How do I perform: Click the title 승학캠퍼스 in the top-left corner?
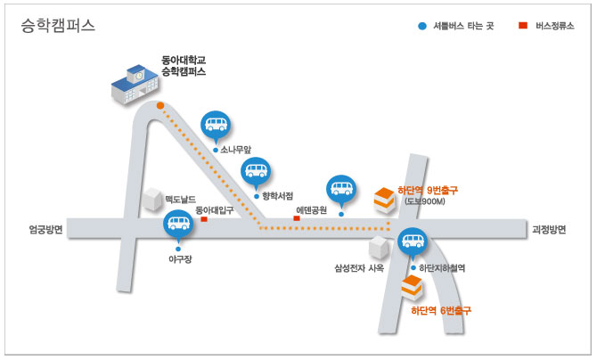click(x=58, y=26)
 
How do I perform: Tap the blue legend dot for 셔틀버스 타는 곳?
click(x=422, y=26)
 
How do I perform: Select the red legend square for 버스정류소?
click(x=523, y=25)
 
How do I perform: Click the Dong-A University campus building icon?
click(x=135, y=84)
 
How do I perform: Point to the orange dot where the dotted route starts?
click(x=160, y=105)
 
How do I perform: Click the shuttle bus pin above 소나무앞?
click(x=216, y=127)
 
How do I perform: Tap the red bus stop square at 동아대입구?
click(x=204, y=219)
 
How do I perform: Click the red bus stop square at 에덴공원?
click(x=297, y=218)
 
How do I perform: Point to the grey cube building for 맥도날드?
click(x=152, y=199)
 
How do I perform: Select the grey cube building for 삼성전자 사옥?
click(x=379, y=247)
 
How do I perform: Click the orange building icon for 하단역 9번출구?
click(x=384, y=200)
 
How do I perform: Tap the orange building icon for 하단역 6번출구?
click(x=412, y=288)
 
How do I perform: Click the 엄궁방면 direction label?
click(x=46, y=230)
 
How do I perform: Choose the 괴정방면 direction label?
click(x=549, y=230)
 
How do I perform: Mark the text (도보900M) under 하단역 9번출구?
click(x=424, y=201)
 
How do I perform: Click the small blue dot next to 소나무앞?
click(x=216, y=150)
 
